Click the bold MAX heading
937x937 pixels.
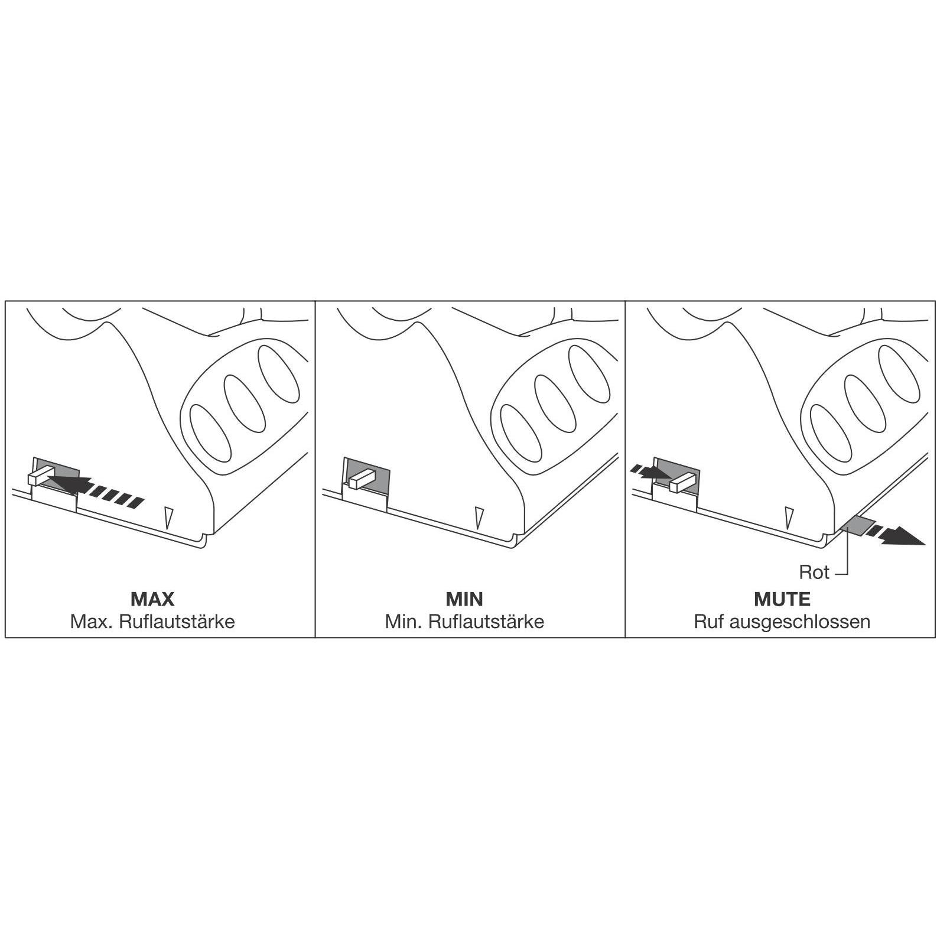(152, 599)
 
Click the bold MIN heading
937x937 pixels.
(464, 599)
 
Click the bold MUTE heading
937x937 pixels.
(782, 599)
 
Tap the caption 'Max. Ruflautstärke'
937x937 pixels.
(152, 622)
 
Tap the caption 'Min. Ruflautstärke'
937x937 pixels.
(464, 622)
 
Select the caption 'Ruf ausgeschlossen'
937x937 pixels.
(782, 622)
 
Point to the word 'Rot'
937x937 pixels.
(814, 572)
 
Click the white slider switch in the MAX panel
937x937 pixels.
(40, 476)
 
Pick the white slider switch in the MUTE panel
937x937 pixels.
(682, 482)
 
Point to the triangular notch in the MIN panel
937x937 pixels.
(479, 517)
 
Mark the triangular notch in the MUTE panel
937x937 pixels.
(788, 517)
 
